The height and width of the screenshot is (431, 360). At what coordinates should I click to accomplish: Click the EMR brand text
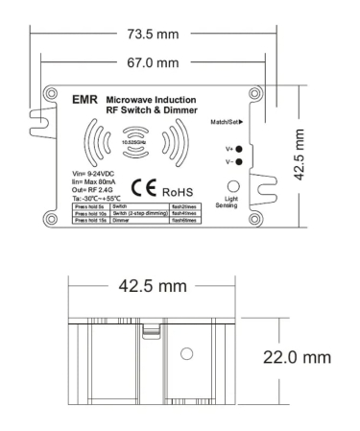pyautogui.click(x=84, y=99)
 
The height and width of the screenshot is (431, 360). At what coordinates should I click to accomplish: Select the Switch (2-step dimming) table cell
pyautogui.click(x=139, y=212)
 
